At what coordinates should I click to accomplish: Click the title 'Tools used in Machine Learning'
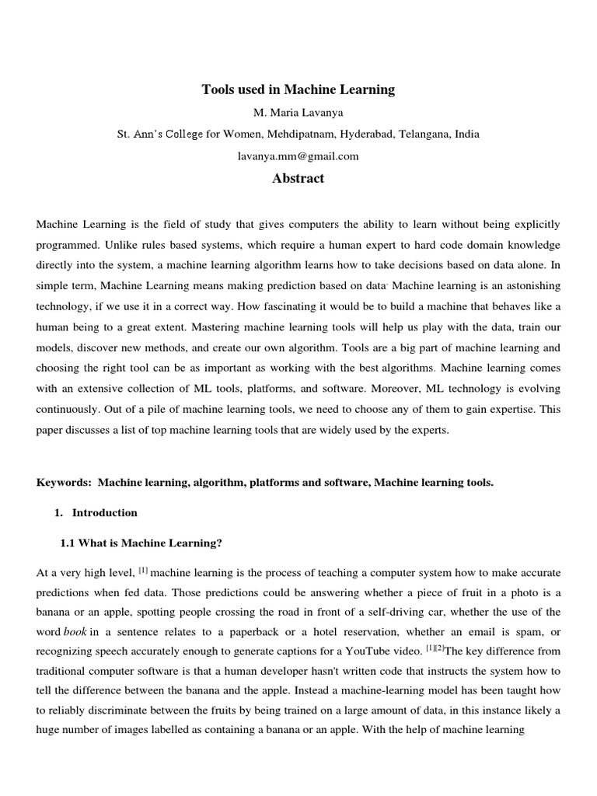298,89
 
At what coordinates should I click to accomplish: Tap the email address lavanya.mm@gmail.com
298,155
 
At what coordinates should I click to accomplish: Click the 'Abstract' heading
298,178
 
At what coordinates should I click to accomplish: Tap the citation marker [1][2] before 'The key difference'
434,648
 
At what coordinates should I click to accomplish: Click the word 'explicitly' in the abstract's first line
532,225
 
